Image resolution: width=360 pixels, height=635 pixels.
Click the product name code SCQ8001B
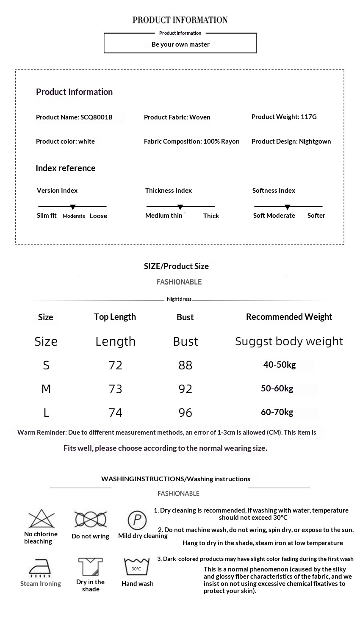coord(96,117)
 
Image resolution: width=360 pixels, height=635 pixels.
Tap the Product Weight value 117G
coord(308,117)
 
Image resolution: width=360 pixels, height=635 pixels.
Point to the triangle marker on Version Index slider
coord(73,207)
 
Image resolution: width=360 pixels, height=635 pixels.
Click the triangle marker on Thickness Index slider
coord(180,207)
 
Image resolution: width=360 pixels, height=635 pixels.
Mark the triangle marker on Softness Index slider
coord(288,207)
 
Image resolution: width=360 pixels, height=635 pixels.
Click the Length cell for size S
coord(115,365)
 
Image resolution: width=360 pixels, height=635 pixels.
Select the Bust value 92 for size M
coord(185,389)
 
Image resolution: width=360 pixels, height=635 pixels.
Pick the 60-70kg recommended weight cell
coord(277,412)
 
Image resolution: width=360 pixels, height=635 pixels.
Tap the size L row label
coord(46,413)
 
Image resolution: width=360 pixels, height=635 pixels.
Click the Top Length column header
coord(115,317)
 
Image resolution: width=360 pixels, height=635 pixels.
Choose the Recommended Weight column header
coord(289,317)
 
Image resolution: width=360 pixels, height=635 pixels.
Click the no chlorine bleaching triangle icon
coord(41,519)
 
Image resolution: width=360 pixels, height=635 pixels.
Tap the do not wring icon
coord(90,519)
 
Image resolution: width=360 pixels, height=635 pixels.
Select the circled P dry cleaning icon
coord(137,520)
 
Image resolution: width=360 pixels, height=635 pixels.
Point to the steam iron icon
coord(40,568)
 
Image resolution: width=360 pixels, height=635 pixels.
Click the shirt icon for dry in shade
coord(91,567)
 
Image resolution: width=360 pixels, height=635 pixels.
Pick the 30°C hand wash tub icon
coord(137,567)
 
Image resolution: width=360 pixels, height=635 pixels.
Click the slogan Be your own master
coord(180,44)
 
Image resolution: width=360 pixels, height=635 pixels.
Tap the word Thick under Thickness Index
coord(211,216)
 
